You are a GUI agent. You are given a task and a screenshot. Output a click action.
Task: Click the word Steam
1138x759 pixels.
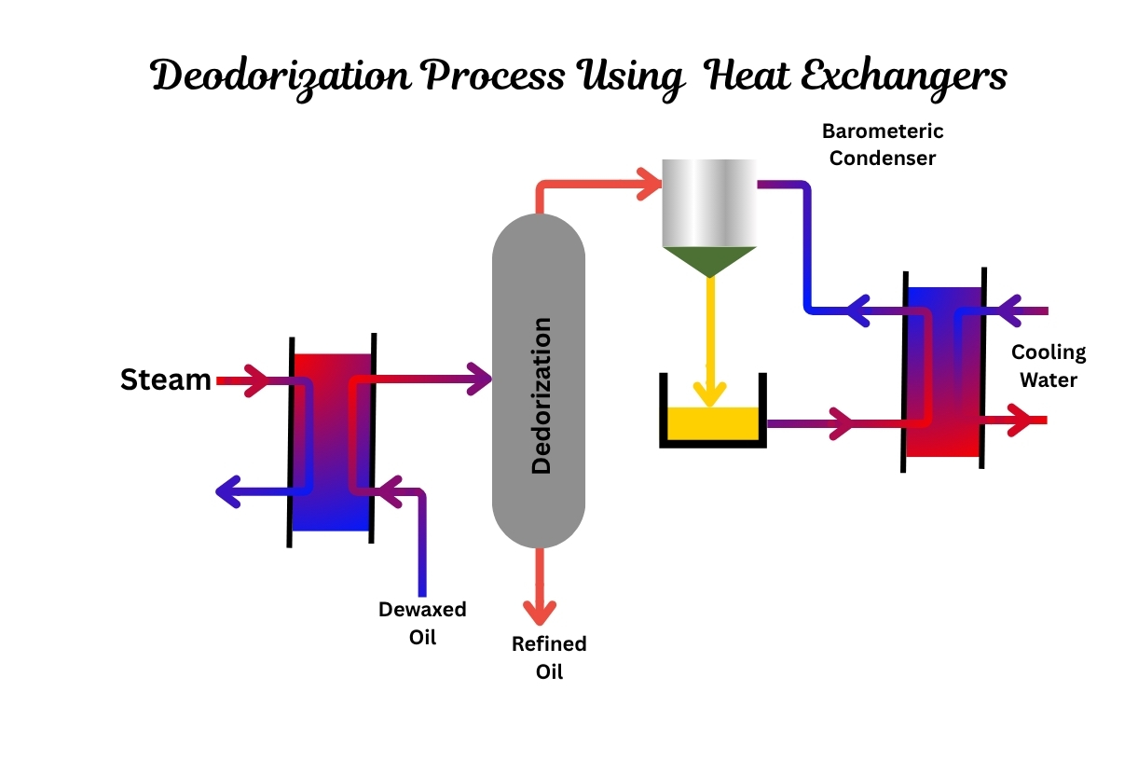click(x=166, y=379)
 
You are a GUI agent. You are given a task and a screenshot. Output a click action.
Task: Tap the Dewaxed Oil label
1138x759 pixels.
click(x=423, y=623)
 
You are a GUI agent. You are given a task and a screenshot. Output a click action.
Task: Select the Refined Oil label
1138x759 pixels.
click(x=549, y=657)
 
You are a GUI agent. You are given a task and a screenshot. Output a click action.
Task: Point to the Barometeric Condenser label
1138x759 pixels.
click(x=883, y=145)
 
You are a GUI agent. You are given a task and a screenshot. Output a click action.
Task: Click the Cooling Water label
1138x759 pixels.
click(x=1049, y=366)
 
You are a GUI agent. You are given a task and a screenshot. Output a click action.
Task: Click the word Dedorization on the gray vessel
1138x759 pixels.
click(x=542, y=395)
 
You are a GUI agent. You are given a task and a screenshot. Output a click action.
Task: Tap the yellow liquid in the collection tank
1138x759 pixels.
click(x=713, y=423)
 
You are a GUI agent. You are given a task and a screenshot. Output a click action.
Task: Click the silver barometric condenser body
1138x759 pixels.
click(x=709, y=203)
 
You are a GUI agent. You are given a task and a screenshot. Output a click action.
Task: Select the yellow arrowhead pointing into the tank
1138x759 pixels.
click(x=709, y=395)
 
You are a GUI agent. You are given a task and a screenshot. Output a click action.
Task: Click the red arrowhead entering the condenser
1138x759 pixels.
click(x=650, y=184)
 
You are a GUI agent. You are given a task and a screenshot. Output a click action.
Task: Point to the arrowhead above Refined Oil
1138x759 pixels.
click(x=540, y=614)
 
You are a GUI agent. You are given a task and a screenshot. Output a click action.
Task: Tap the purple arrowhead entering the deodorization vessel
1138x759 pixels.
click(x=479, y=379)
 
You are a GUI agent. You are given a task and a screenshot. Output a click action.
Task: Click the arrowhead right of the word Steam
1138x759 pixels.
click(x=256, y=380)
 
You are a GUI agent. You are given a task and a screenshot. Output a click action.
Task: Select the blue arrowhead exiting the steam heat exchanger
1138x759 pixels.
click(x=228, y=491)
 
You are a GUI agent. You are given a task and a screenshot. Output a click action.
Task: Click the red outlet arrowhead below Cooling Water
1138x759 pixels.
click(x=1021, y=420)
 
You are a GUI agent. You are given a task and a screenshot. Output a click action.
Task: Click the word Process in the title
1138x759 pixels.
click(x=495, y=76)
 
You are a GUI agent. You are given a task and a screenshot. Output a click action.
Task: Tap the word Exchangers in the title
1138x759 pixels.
click(x=904, y=79)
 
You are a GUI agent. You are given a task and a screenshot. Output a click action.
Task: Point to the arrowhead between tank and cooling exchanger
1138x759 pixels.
click(x=842, y=423)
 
